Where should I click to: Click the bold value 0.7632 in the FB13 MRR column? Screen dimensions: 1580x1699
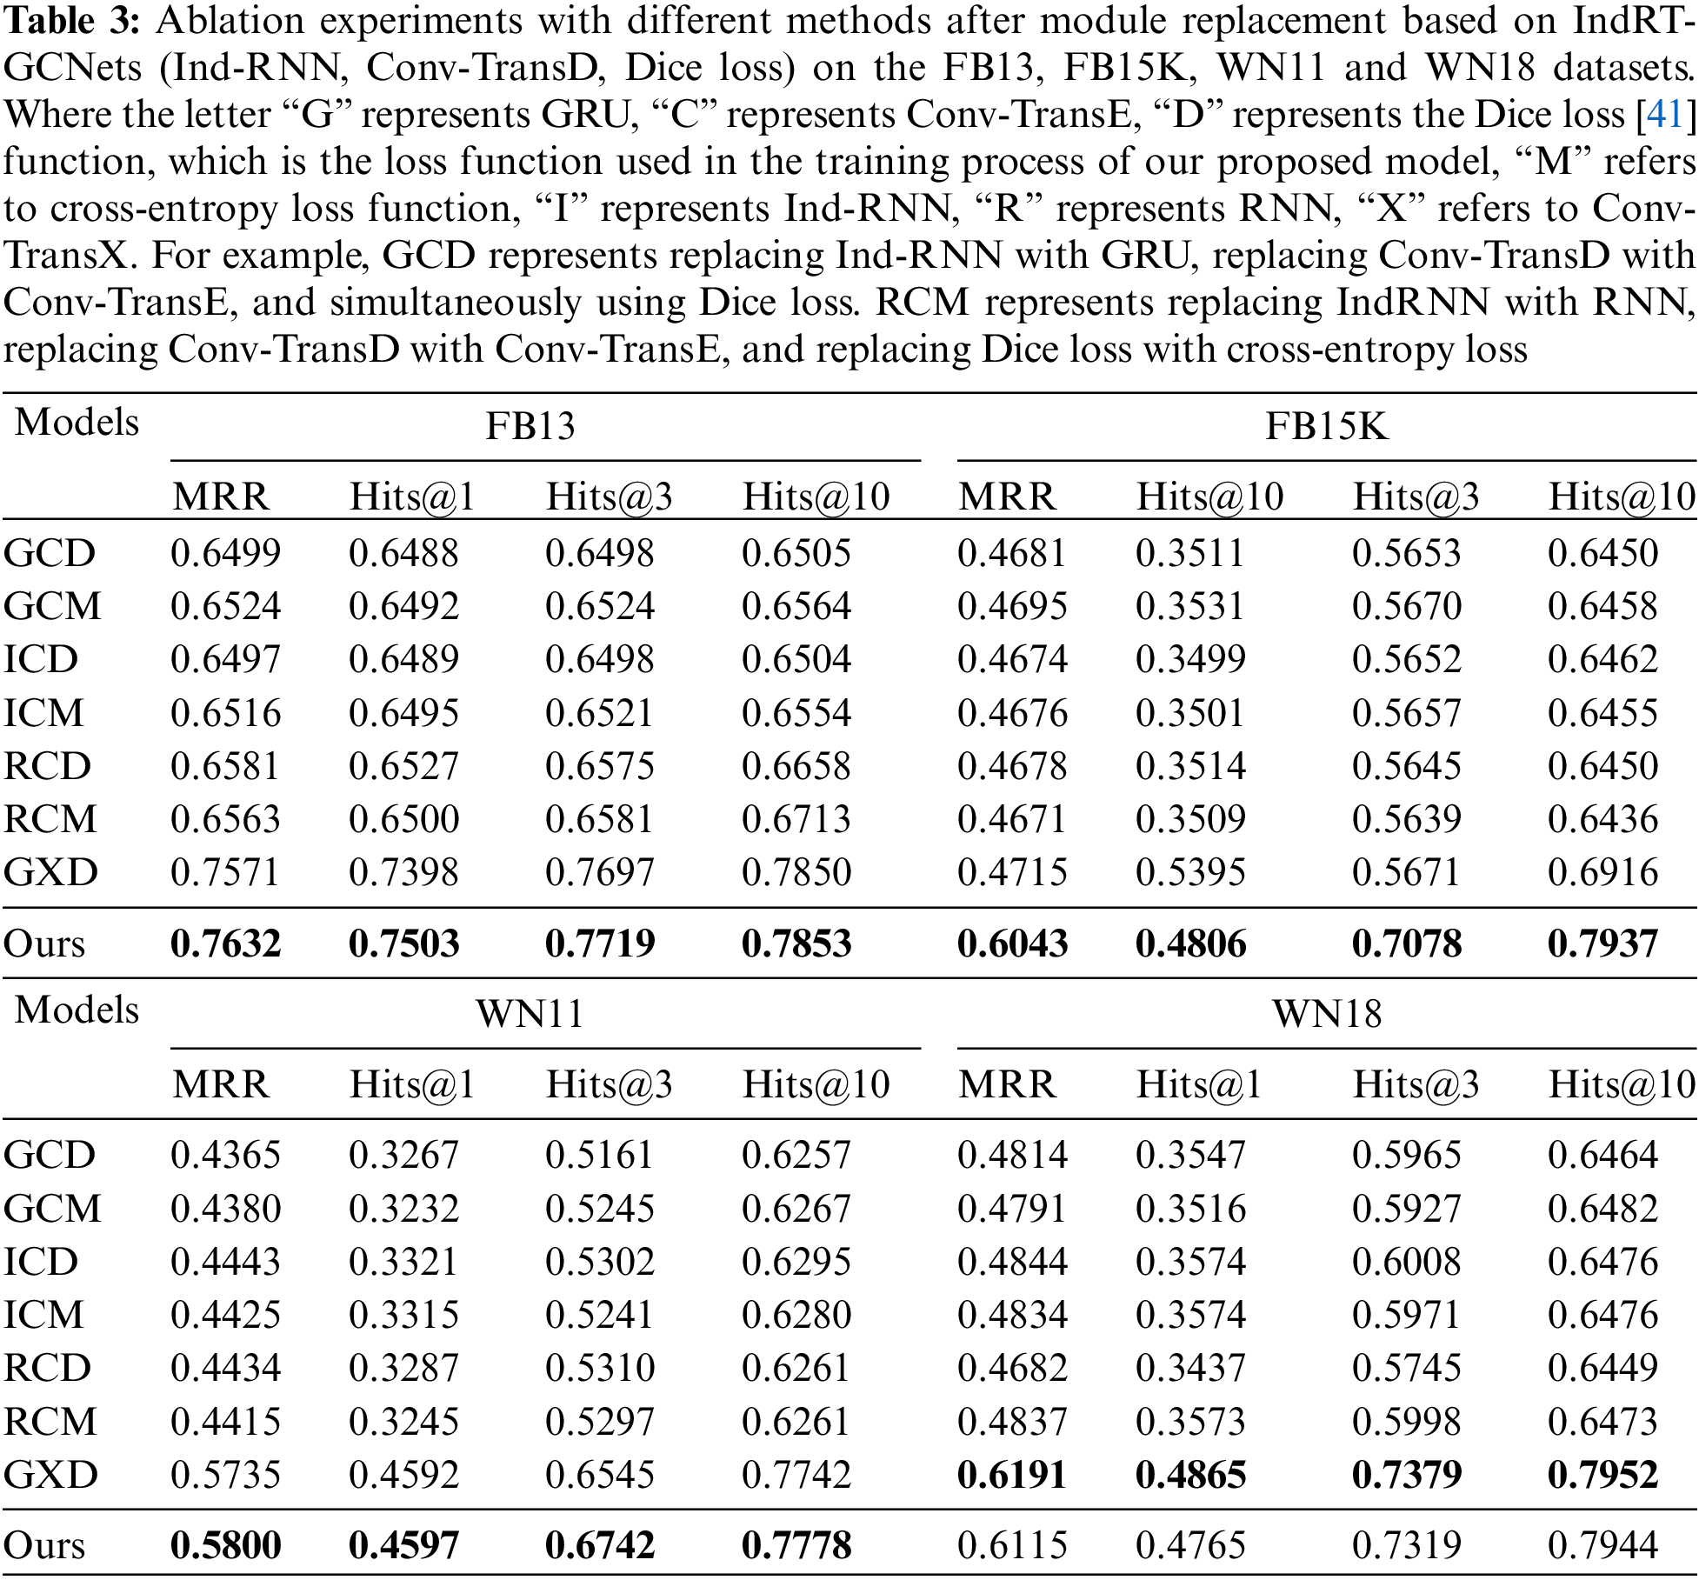click(226, 943)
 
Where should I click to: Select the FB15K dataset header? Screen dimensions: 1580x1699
click(1326, 426)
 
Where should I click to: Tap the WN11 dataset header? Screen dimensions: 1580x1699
click(530, 1014)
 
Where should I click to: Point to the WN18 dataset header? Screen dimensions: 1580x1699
click(1326, 1014)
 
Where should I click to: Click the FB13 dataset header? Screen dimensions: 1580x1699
click(530, 426)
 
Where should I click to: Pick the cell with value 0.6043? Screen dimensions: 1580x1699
click(1012, 943)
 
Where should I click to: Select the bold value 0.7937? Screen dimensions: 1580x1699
click(1602, 943)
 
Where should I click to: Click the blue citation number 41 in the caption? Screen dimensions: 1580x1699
click(1664, 116)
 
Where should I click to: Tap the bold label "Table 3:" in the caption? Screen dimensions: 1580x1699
click(71, 22)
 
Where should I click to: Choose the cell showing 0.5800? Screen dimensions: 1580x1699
click(226, 1545)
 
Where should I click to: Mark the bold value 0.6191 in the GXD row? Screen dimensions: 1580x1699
click(1012, 1475)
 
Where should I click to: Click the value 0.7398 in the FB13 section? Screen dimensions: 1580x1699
click(403, 872)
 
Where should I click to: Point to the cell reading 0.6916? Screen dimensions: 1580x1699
click(1602, 872)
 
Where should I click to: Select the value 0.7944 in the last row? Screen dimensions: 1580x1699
click(1602, 1545)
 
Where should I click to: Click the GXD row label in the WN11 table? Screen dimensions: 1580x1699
click(50, 1475)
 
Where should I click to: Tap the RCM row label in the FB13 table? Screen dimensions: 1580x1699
click(50, 819)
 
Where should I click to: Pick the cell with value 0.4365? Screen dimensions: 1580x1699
click(226, 1155)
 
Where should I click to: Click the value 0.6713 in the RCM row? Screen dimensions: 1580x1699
click(796, 819)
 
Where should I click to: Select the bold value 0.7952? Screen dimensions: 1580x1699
click(1602, 1475)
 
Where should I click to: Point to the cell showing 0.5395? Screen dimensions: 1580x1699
click(1190, 872)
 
